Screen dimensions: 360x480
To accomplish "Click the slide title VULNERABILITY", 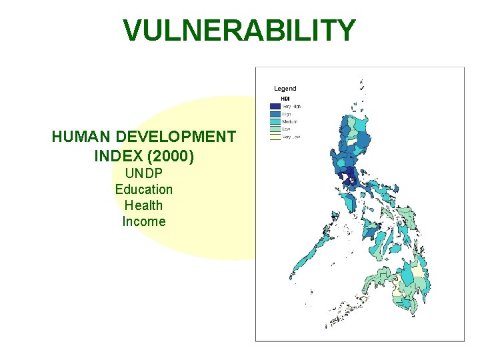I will (239, 31).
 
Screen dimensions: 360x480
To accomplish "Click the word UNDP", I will (143, 173).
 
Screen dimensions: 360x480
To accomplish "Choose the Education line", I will (143, 189).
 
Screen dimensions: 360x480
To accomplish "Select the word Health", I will (143, 205).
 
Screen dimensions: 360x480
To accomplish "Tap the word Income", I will (143, 221).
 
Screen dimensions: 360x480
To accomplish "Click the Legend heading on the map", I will (285, 88).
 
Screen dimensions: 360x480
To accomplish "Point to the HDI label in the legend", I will (285, 99).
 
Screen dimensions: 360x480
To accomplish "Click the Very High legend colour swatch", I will (275, 106).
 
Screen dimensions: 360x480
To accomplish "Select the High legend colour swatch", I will (275, 114).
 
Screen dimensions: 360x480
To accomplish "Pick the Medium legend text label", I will (290, 121).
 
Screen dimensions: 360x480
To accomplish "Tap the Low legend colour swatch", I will (275, 129).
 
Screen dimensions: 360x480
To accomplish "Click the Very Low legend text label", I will (291, 137).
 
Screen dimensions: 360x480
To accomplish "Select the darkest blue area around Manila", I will (348, 175).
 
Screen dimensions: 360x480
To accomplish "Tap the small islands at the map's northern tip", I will (362, 87).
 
